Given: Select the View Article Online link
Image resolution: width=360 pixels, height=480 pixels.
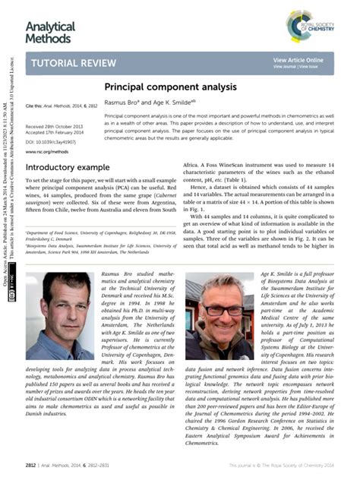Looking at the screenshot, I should point(298,59).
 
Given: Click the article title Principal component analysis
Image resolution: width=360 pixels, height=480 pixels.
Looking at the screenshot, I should point(159,88).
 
